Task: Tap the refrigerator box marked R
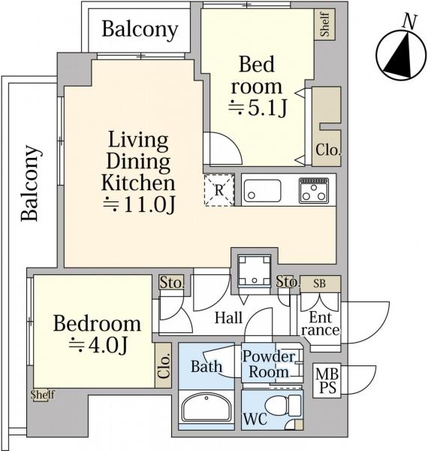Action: click(219, 190)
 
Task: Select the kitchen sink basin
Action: click(262, 191)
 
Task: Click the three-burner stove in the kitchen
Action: click(314, 190)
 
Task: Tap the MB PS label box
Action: click(327, 381)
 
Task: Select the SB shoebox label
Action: click(320, 283)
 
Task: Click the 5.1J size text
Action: click(258, 108)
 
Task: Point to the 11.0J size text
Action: click(139, 204)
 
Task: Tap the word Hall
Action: click(229, 318)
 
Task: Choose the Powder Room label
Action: click(269, 364)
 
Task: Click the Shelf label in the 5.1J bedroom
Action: click(325, 24)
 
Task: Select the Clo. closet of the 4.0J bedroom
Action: click(164, 365)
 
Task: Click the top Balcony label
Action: click(140, 30)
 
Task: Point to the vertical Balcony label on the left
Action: click(29, 183)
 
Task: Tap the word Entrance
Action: click(321, 324)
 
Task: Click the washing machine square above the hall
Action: click(255, 271)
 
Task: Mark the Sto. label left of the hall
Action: click(171, 283)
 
